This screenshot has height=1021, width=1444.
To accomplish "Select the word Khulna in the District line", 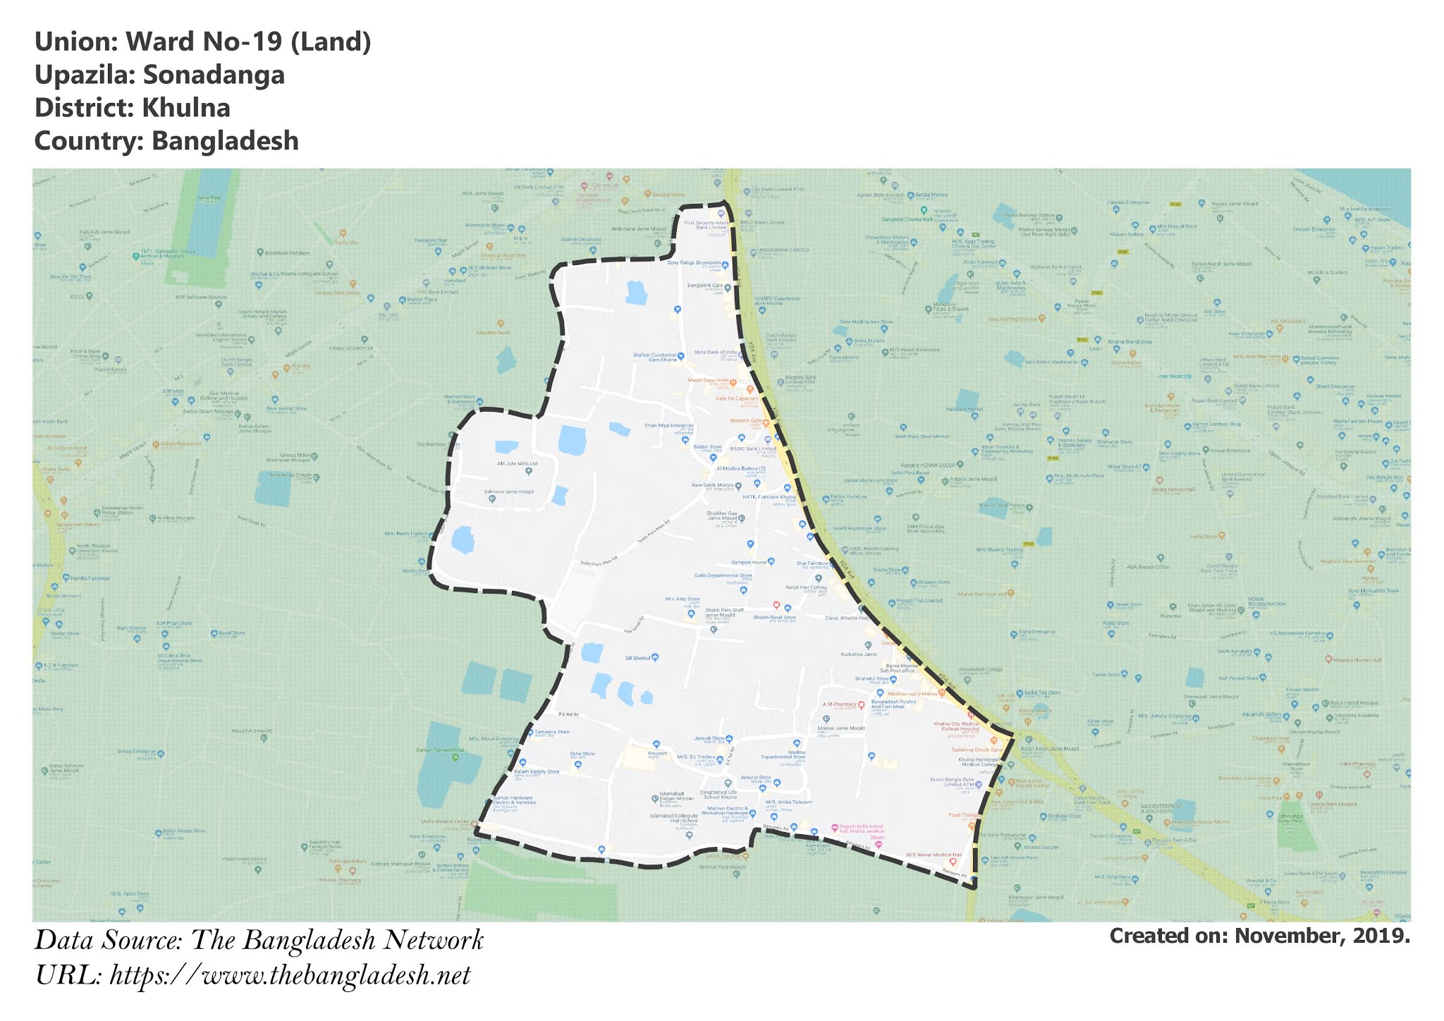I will [x=185, y=108].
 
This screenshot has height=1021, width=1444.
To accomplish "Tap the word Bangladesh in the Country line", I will [x=225, y=141].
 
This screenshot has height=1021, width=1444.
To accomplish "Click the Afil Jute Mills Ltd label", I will [x=517, y=463].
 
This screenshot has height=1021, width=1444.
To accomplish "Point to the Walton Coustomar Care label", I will [x=654, y=357].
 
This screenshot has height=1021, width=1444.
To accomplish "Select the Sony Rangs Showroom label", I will [x=694, y=262].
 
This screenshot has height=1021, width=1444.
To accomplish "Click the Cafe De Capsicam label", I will [x=736, y=398].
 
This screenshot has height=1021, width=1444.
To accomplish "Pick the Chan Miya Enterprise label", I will [x=669, y=426].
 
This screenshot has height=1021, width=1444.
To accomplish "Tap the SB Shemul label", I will [x=637, y=658].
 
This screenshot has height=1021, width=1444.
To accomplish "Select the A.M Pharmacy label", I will [x=839, y=704].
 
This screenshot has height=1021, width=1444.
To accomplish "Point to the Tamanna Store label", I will [x=551, y=732].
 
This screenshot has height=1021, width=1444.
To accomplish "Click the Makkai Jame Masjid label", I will [x=840, y=728].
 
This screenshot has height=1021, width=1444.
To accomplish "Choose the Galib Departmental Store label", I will [x=723, y=575].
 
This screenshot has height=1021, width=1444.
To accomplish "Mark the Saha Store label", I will [x=582, y=754].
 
